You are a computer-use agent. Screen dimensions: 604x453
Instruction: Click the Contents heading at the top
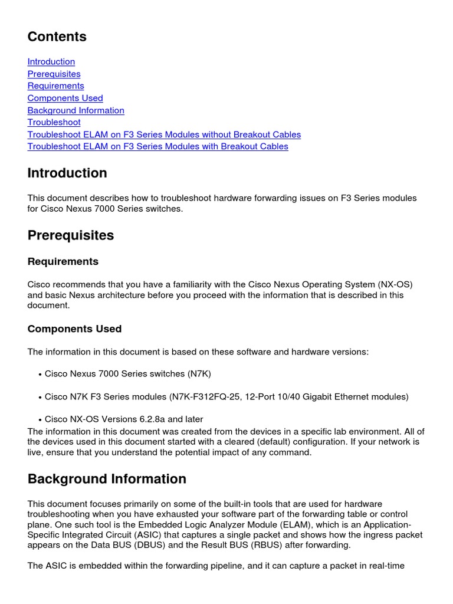click(x=57, y=37)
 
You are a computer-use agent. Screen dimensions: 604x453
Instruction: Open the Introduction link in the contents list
click(x=51, y=61)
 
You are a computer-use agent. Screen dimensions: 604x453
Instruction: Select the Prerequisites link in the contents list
click(x=54, y=74)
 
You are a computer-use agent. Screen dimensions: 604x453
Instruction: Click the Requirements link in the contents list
click(x=55, y=86)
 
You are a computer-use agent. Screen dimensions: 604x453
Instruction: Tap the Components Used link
click(x=65, y=98)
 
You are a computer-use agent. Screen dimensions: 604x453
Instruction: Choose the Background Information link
click(x=75, y=110)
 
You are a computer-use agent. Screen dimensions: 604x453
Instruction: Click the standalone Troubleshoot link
click(x=54, y=122)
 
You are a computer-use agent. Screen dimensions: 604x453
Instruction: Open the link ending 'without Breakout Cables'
click(x=164, y=134)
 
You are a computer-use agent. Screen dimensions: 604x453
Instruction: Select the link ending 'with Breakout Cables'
click(x=157, y=146)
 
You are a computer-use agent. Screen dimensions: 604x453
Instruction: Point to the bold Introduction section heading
click(x=67, y=173)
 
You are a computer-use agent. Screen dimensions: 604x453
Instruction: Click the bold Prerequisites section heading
click(x=70, y=235)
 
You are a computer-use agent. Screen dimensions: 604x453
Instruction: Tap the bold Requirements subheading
click(x=63, y=261)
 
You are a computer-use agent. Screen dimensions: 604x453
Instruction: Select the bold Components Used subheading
click(x=74, y=329)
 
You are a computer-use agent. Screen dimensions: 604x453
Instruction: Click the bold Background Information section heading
click(x=107, y=479)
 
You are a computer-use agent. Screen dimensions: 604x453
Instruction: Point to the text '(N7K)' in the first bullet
click(x=199, y=374)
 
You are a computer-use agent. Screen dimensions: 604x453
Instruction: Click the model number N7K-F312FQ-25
click(x=205, y=397)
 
